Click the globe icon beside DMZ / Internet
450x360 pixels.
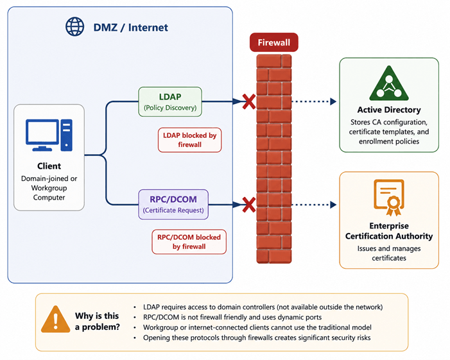[x=74, y=27]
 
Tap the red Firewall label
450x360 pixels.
[x=274, y=42]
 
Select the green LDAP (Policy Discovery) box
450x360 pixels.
[x=170, y=102]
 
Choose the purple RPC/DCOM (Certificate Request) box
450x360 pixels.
[x=173, y=205]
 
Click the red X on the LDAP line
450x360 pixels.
[x=249, y=101]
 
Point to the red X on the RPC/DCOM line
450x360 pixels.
[x=249, y=205]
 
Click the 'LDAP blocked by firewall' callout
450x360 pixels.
[x=190, y=140]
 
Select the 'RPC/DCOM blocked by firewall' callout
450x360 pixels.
[x=189, y=242]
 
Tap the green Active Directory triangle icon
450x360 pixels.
[x=389, y=84]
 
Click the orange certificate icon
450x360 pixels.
[x=389, y=198]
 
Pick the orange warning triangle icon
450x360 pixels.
[x=55, y=320]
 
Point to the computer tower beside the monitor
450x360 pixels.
[x=67, y=135]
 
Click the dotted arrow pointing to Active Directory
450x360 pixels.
[x=314, y=101]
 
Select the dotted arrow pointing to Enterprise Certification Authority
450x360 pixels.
[x=314, y=205]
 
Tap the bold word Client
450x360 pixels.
[x=49, y=166]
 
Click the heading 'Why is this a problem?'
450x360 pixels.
[x=98, y=321]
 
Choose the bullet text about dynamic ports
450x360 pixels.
[x=232, y=317]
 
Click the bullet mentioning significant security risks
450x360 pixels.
[x=257, y=338]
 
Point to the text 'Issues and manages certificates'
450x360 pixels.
[x=389, y=253]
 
